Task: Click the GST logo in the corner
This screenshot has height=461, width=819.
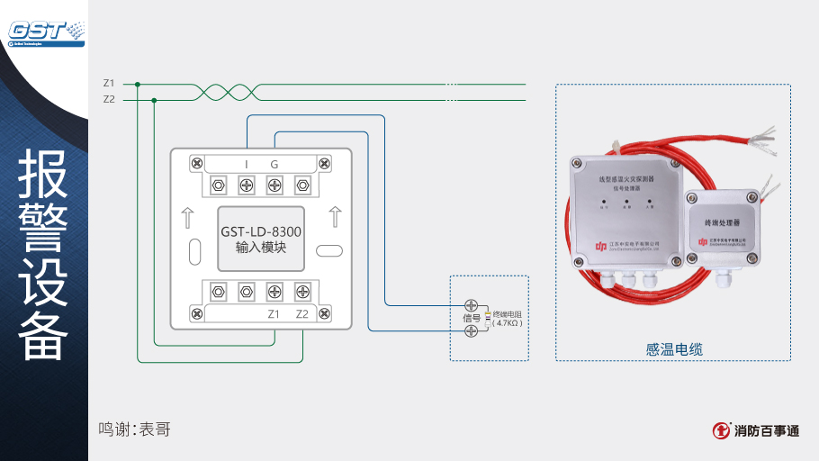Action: [x=45, y=31]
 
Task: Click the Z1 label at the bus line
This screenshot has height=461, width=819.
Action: [x=109, y=84]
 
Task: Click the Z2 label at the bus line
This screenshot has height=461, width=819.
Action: [x=109, y=99]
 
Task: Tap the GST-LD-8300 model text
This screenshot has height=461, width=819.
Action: [x=261, y=231]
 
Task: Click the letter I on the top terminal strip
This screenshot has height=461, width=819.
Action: [x=247, y=164]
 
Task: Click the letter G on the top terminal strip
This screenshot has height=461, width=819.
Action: [x=274, y=164]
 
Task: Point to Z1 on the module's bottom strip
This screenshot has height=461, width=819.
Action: [x=274, y=314]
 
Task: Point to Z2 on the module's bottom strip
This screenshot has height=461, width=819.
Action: [x=302, y=314]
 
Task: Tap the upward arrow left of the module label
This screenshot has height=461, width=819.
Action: [x=187, y=217]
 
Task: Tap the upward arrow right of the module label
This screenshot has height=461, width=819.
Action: [x=335, y=217]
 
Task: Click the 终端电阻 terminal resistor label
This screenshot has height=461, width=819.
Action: [x=508, y=313]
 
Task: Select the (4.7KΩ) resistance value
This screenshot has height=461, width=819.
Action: [x=508, y=322]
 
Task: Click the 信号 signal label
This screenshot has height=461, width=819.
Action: [x=472, y=318]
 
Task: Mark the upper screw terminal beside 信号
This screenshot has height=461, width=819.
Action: [x=471, y=304]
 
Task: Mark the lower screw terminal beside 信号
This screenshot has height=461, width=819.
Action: [x=471, y=331]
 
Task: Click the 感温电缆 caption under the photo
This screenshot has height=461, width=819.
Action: [x=673, y=348]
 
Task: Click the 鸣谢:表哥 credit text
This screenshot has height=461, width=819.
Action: [x=134, y=429]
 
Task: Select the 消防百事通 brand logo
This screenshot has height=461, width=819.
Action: [x=754, y=430]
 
